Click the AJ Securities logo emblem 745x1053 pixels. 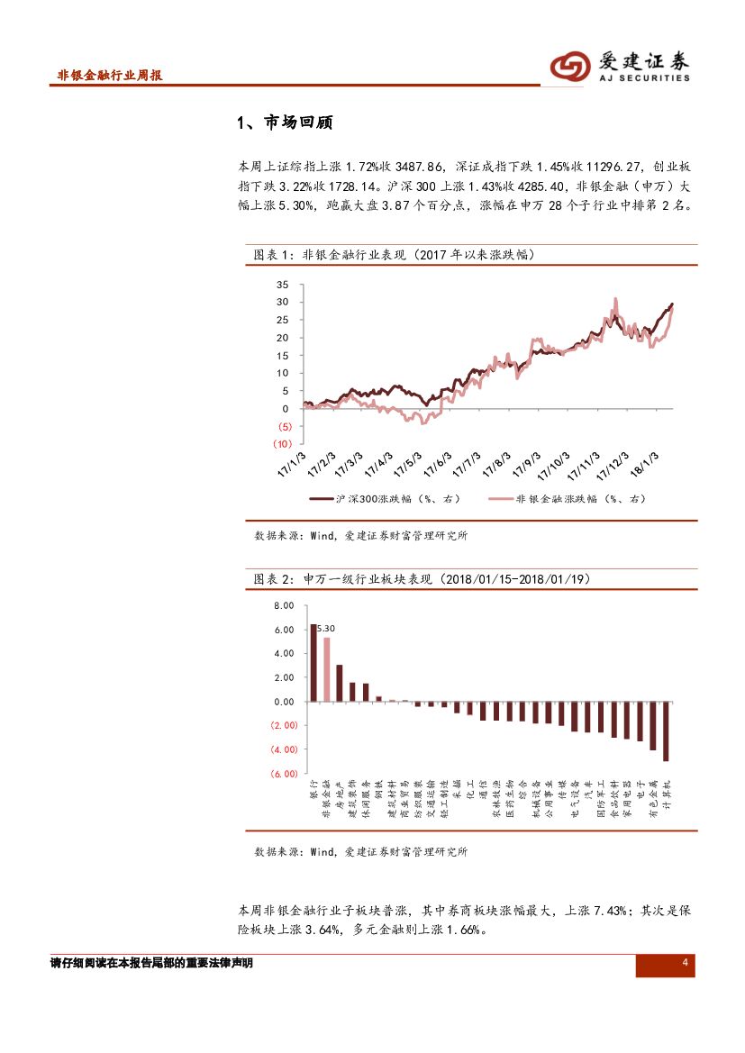point(570,65)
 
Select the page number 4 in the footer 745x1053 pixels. point(685,964)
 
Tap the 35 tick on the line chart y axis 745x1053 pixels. point(282,285)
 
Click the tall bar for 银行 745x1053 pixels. point(313,662)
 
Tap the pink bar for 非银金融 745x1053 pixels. point(326,669)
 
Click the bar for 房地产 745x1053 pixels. point(340,683)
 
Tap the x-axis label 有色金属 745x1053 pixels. point(653,797)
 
